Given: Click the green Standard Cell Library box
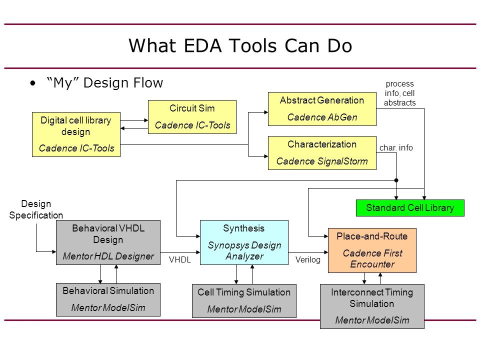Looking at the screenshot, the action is tap(410, 208).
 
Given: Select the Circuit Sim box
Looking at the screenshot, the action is tap(192, 117).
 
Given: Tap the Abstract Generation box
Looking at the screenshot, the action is tap(322, 109).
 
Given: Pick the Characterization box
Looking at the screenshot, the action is tap(322, 153).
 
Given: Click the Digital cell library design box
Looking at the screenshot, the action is tap(76, 134).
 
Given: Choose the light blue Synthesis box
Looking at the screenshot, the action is tap(244, 242).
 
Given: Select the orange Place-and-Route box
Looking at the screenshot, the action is tap(372, 250).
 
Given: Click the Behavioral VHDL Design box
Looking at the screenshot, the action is tap(108, 242).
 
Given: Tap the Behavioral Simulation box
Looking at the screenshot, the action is tap(108, 299).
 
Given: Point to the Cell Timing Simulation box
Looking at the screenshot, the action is tap(244, 301).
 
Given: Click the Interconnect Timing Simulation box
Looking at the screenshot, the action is tap(372, 306).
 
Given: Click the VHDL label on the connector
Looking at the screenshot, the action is tap(179, 260).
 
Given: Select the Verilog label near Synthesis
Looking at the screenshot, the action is tap(307, 260).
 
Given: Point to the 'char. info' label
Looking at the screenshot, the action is tap(396, 148).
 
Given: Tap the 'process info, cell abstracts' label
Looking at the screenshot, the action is tap(400, 93).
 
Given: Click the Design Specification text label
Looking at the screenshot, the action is tap(36, 209).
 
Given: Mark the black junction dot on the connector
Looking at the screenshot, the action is tap(396, 180).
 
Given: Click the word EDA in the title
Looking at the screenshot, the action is tap(202, 46).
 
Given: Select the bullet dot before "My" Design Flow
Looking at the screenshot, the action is tap(33, 83).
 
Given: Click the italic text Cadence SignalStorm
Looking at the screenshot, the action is tap(322, 161).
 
